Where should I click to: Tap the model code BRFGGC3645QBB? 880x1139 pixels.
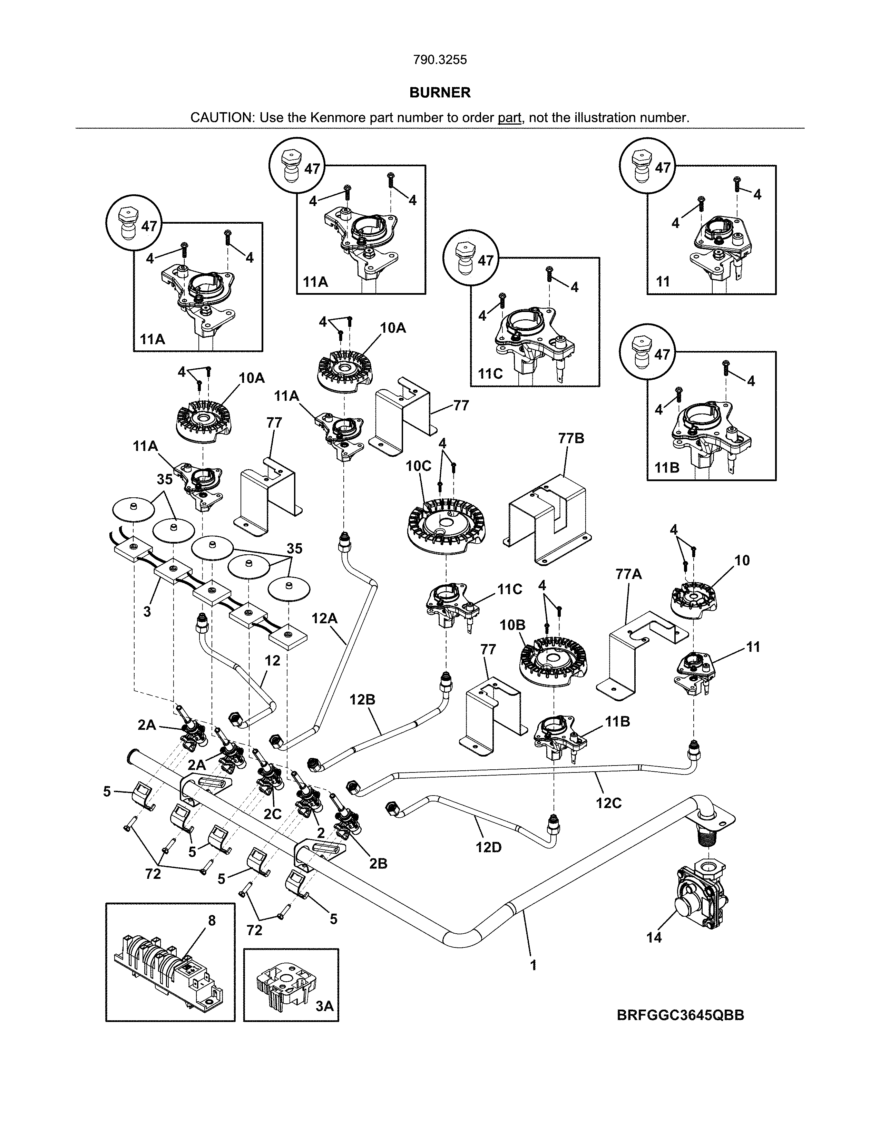point(680,1015)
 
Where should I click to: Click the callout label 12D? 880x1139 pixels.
point(488,847)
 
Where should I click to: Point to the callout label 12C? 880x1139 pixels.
point(608,803)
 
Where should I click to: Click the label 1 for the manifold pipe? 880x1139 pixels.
point(533,965)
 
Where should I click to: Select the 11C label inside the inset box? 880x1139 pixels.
point(490,373)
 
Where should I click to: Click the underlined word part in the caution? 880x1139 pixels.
point(509,118)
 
